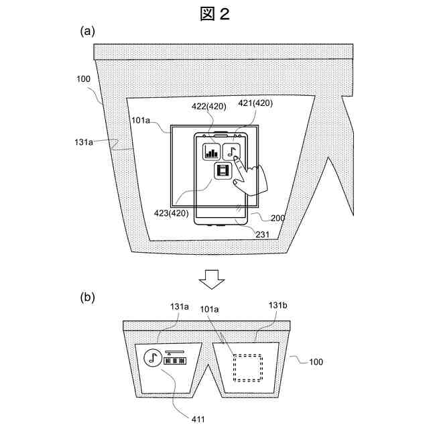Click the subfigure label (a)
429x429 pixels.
[87, 31]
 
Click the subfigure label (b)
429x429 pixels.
[87, 296]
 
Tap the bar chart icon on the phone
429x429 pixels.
[212, 152]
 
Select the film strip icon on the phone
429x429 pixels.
[223, 172]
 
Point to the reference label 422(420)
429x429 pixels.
[210, 106]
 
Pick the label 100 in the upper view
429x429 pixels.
[83, 79]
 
